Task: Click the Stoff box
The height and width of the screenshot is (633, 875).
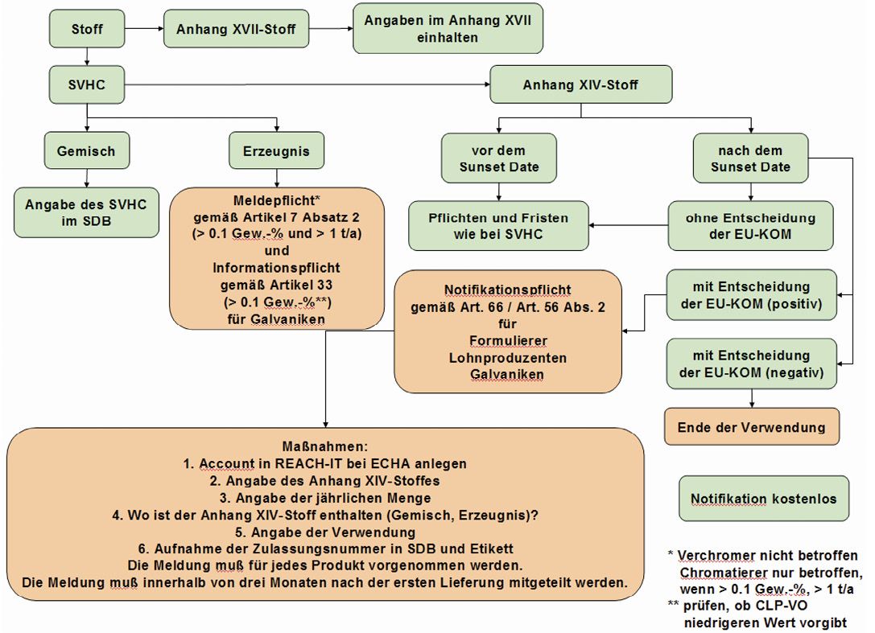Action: tap(86, 28)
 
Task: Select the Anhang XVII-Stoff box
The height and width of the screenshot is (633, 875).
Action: tap(236, 28)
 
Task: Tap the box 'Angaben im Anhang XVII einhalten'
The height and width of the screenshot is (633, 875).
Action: tap(448, 28)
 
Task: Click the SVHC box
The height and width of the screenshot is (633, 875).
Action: tap(86, 84)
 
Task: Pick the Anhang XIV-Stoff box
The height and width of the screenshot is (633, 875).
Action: tap(581, 84)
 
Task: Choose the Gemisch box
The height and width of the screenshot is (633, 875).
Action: tap(86, 150)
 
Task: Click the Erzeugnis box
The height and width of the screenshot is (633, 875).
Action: tap(276, 150)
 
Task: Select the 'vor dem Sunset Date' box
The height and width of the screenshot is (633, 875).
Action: tap(499, 158)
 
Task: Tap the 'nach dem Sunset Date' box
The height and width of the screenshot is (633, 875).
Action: tap(750, 158)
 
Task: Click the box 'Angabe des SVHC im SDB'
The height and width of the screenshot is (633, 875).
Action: tap(86, 212)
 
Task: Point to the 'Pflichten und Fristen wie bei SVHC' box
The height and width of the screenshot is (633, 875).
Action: tap(498, 226)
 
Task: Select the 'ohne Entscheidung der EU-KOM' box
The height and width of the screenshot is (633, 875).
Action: tap(750, 226)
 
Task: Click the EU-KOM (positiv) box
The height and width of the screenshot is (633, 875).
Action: tap(752, 295)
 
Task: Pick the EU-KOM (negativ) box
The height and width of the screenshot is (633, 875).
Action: tap(752, 364)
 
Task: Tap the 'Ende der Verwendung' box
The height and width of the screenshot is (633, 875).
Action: tap(752, 426)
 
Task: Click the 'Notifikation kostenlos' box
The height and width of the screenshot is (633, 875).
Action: tap(764, 499)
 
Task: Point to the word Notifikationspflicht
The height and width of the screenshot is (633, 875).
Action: tap(508, 290)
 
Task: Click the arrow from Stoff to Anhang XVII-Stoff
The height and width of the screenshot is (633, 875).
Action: tap(144, 28)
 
